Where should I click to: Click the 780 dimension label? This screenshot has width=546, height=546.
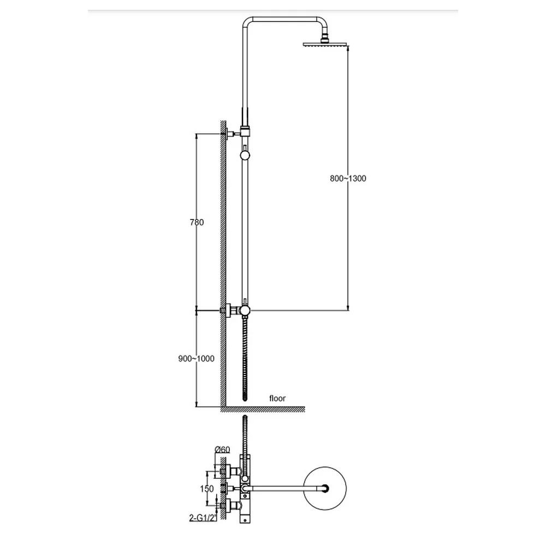(x=197, y=222)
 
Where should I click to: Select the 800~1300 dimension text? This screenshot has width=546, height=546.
(x=348, y=179)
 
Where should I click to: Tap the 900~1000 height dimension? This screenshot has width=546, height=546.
(x=197, y=359)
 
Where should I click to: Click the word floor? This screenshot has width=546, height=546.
(x=277, y=399)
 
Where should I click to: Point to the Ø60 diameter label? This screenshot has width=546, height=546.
(x=223, y=449)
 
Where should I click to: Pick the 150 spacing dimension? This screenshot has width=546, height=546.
(x=207, y=489)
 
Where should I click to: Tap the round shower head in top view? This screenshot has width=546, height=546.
(x=325, y=489)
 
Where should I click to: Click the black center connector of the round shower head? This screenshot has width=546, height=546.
(x=325, y=489)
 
